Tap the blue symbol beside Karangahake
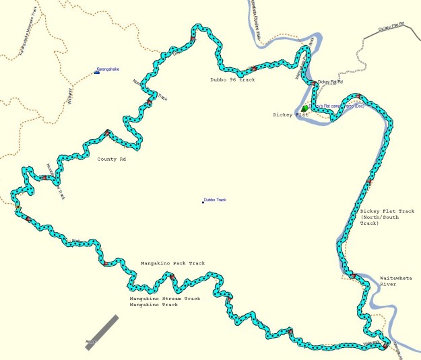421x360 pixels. (x=96, y=72)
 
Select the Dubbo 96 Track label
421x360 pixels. (x=232, y=79)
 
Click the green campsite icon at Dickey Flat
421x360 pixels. (x=304, y=108)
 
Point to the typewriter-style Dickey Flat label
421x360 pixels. (x=290, y=115)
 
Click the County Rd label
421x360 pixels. (x=111, y=159)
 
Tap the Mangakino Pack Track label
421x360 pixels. (x=172, y=263)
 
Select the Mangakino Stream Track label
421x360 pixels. (x=165, y=298)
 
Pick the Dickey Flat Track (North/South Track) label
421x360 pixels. (x=387, y=217)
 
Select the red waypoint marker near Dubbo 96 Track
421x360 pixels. (x=253, y=69)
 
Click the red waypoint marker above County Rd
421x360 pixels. (x=107, y=132)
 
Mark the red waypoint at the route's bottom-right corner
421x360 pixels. (x=385, y=346)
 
